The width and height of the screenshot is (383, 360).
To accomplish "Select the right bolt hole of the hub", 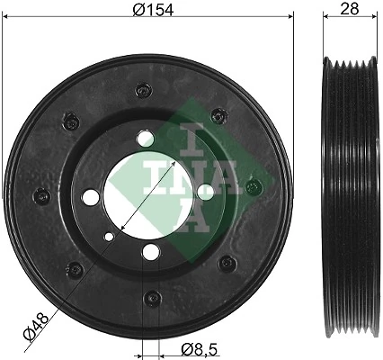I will pyautogui.click(x=205, y=190).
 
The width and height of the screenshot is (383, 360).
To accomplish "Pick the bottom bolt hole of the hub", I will pyautogui.click(x=152, y=250).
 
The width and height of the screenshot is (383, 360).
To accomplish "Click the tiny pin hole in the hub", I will pyautogui.click(x=109, y=238).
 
